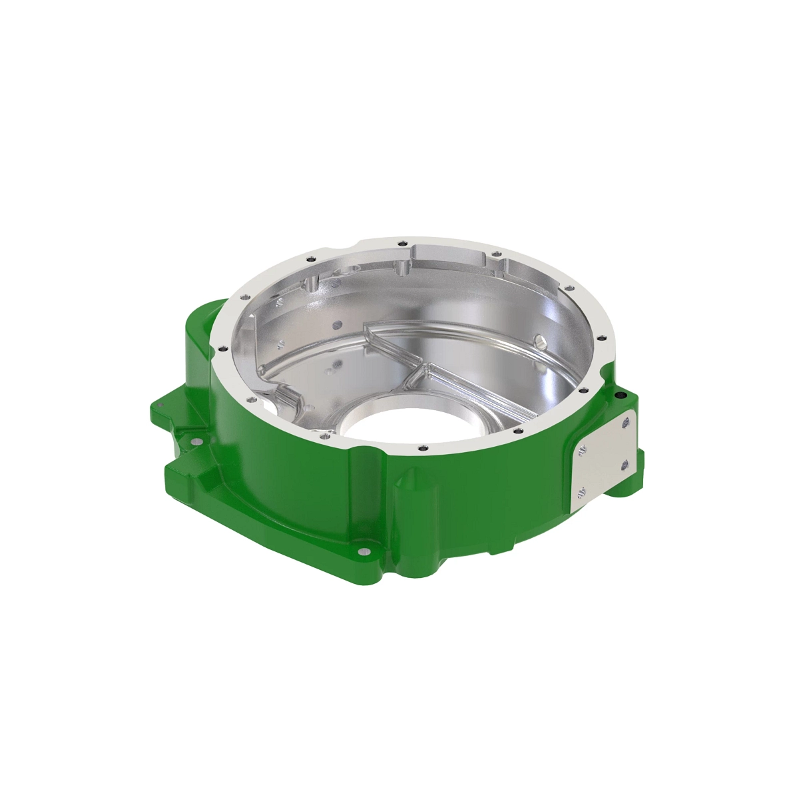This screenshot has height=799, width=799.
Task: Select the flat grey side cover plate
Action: pyautogui.click(x=603, y=457)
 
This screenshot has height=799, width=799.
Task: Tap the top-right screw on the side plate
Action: pyautogui.click(x=625, y=421)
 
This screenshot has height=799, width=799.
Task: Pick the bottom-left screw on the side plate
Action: pyautogui.click(x=581, y=493)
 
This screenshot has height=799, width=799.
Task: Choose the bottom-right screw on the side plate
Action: pyautogui.click(x=625, y=465)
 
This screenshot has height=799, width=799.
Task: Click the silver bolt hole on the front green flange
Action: pyautogui.click(x=362, y=552)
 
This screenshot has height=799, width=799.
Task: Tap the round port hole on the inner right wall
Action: pyautogui.click(x=541, y=342)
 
